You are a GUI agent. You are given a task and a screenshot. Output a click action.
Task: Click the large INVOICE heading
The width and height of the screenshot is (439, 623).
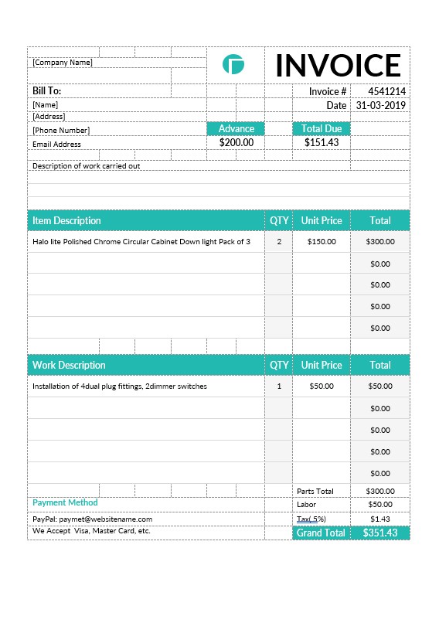338,66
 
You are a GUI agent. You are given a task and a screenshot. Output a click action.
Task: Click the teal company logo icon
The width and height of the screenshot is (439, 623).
233,64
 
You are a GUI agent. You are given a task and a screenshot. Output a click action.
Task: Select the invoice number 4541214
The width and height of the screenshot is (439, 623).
386,91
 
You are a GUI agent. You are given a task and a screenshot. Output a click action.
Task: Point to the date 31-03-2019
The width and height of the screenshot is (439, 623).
380,105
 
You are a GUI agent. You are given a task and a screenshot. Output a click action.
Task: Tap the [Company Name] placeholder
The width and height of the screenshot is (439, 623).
63,63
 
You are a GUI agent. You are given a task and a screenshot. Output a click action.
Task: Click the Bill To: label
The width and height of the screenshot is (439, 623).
46,91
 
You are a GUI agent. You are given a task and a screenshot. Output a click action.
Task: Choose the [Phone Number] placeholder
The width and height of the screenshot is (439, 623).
61,131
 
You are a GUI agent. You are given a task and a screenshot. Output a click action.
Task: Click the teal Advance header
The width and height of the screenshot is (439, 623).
237,128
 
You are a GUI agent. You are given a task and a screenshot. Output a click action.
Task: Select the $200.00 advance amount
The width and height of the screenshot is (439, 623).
237,142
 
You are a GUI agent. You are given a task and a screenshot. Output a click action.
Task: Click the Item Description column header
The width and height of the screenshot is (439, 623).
66,220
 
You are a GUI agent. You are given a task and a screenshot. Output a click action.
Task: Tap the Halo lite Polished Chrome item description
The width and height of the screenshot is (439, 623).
141,242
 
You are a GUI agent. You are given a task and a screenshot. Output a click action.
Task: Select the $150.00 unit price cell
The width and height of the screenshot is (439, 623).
322,241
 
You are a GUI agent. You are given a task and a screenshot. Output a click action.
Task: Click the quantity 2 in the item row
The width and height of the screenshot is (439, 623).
279,241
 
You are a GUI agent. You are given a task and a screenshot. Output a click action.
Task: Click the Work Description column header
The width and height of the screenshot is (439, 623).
69,365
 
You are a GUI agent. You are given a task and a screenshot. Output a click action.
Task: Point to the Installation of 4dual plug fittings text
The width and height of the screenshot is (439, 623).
120,386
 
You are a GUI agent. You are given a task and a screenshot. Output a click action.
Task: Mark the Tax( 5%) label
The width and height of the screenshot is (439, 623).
311,519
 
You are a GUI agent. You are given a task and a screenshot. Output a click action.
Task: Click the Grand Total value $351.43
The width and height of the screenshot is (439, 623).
380,533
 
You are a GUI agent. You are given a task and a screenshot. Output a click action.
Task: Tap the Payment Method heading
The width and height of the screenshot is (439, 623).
65,502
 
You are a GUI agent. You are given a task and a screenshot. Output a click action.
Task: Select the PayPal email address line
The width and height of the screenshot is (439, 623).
93,519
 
